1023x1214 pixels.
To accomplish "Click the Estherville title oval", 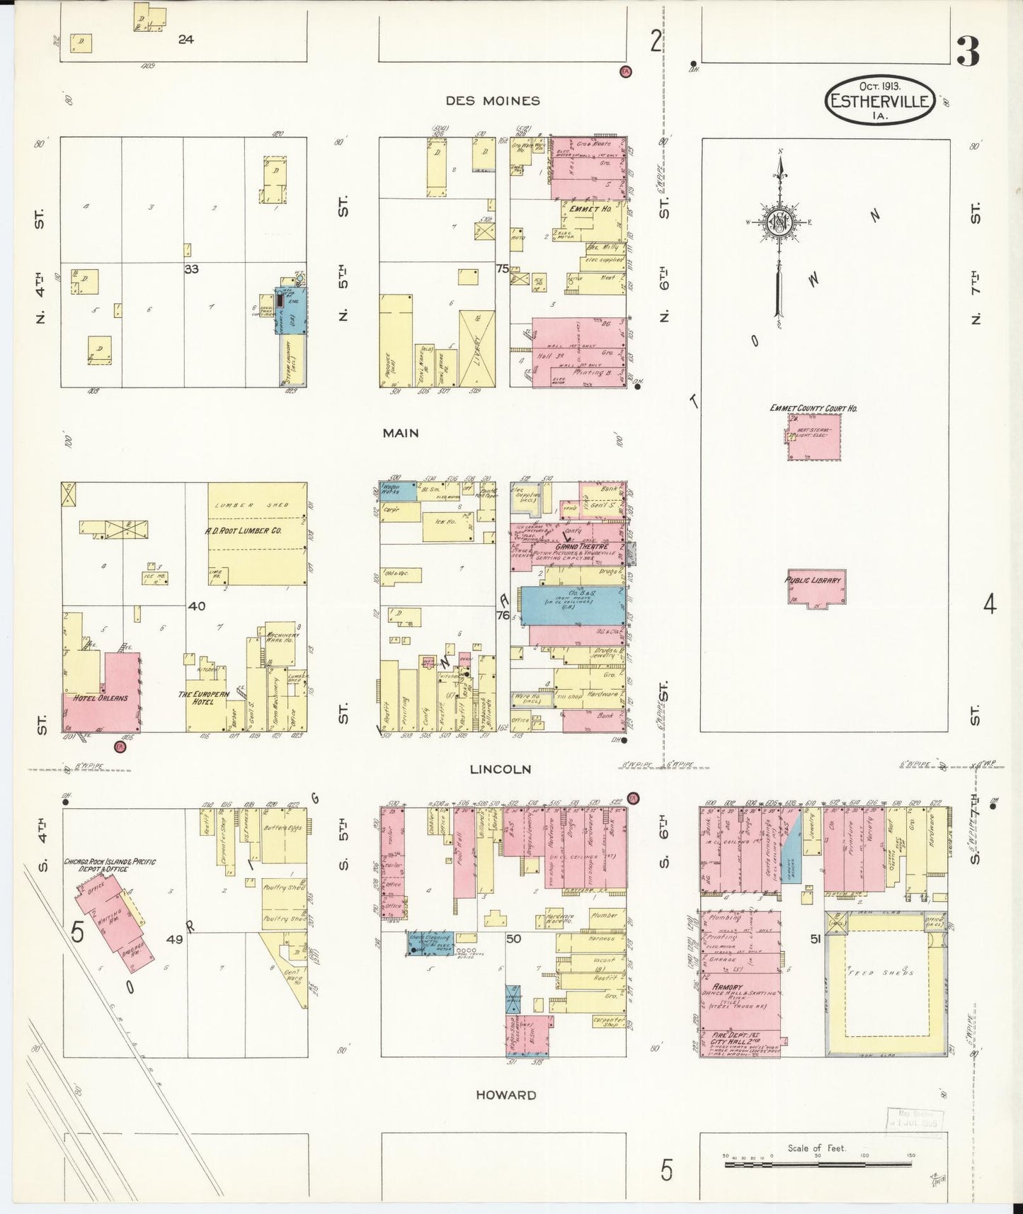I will click(x=880, y=101).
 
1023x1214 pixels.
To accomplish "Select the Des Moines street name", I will click(x=493, y=101).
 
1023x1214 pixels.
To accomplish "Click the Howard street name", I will click(x=505, y=1095).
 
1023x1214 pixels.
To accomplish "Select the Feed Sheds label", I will click(x=888, y=972).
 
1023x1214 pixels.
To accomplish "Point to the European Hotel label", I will click(x=204, y=698).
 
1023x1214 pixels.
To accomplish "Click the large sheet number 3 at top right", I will click(x=968, y=51).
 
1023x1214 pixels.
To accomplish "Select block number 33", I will click(x=191, y=269).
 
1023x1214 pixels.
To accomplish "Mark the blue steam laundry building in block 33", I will click(x=291, y=310).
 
